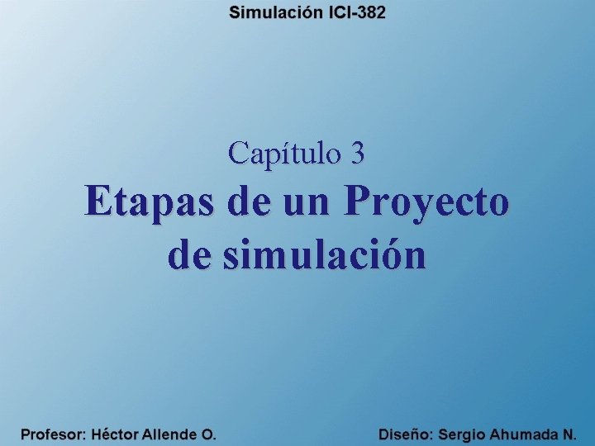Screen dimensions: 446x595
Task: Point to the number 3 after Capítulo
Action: [358, 152]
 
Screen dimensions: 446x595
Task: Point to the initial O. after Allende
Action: [209, 434]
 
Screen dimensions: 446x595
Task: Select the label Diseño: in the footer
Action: [406, 434]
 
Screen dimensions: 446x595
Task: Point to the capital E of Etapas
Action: [96, 202]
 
